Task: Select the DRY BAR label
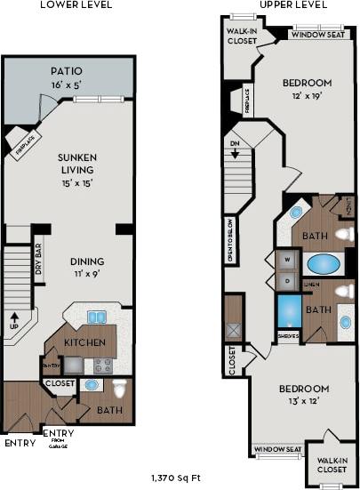point(38,264)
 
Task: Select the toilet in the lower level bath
point(120,388)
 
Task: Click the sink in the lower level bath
point(91,385)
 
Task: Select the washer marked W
point(288,261)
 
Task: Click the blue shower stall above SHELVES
point(288,311)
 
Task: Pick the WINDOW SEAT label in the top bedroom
point(317,36)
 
